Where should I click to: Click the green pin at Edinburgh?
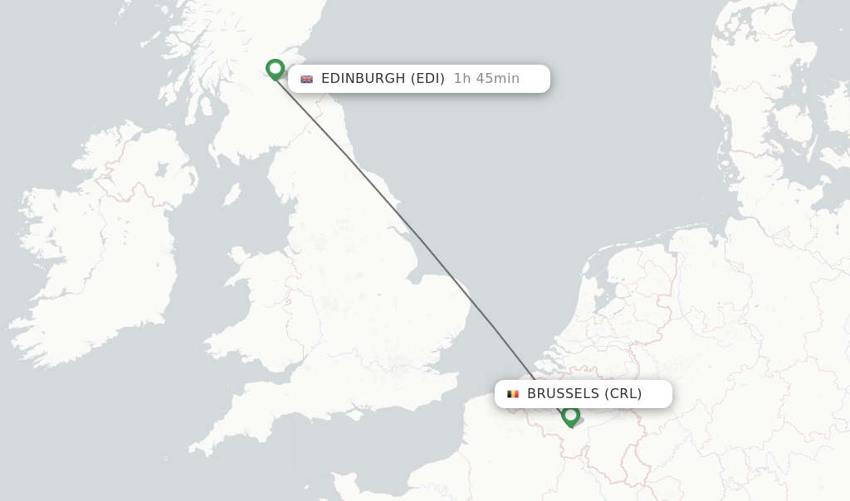[275, 69]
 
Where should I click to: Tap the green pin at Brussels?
[570, 415]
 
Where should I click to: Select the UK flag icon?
[306, 79]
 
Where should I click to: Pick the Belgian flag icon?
[513, 394]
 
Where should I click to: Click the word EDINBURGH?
[363, 79]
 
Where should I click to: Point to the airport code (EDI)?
[427, 79]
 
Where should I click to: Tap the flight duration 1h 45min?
[486, 79]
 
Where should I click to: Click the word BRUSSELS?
[563, 394]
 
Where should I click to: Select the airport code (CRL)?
[623, 394]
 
